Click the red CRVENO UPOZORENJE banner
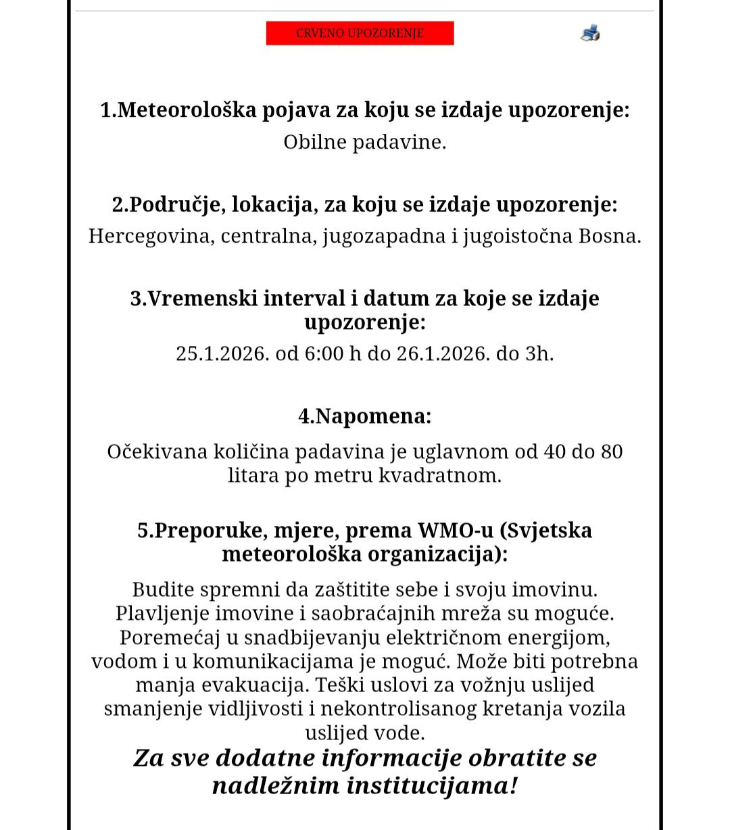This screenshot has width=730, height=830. pos(360,33)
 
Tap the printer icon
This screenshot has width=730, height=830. pos(589,32)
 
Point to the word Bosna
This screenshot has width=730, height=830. pos(610,236)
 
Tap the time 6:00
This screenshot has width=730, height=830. pos(324,353)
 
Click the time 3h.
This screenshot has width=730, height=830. pos(539,353)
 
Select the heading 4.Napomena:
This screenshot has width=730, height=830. pos(364,416)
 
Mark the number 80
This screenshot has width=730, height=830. pos(611,451)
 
